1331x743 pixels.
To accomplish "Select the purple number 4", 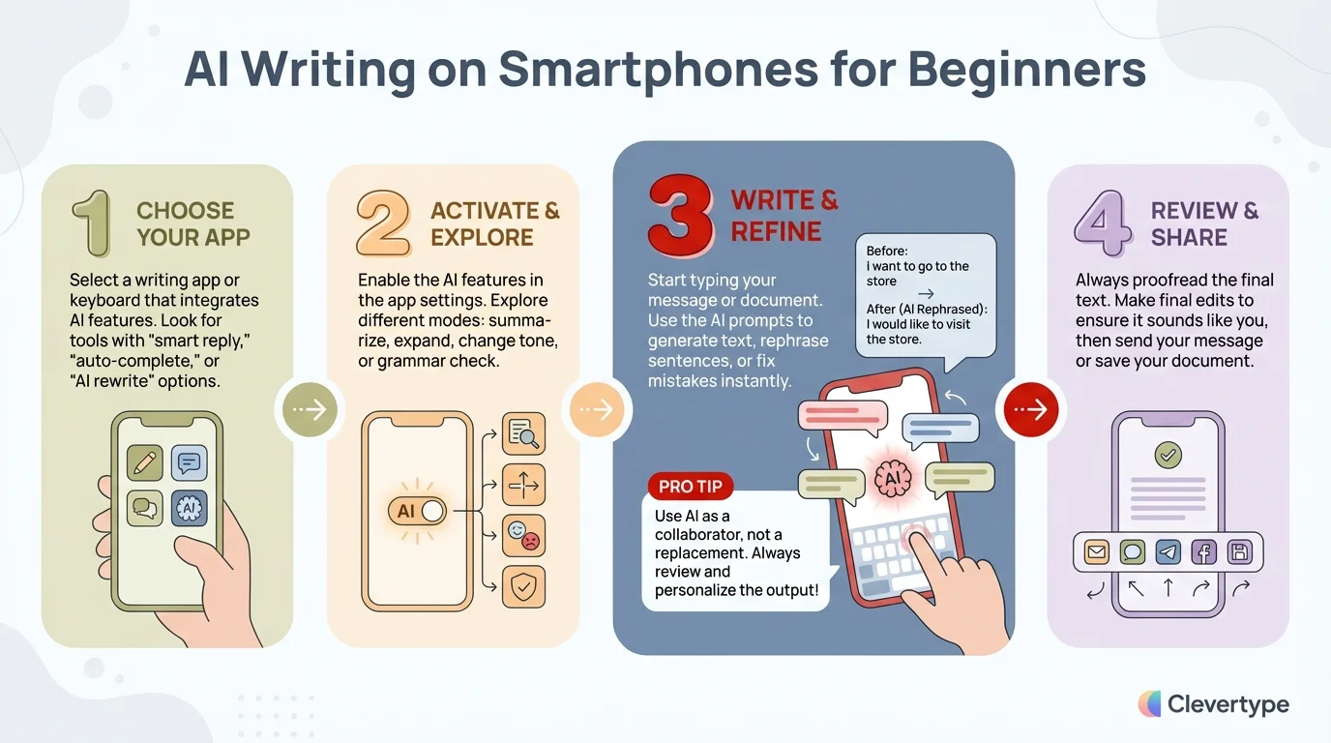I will coord(1103,223).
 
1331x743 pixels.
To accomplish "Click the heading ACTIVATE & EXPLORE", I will coord(494,223).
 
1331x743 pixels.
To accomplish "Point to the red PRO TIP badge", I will coord(690,487).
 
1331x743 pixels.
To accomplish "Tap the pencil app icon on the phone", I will coord(145,463).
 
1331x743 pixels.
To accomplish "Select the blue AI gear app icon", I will coord(189,507).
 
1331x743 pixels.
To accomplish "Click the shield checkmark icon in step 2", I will coord(523,585).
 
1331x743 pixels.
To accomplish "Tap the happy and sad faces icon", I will coord(523,535).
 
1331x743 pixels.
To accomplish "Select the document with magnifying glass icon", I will coord(523,433).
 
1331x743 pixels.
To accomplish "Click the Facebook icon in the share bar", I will coord(1203,552).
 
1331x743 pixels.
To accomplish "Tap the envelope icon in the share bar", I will coord(1096,552).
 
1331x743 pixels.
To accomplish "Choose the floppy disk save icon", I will coord(1239,552).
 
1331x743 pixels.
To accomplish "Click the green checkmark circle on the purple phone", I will coord(1168,455).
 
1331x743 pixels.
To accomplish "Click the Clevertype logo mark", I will coord(1149,704).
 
